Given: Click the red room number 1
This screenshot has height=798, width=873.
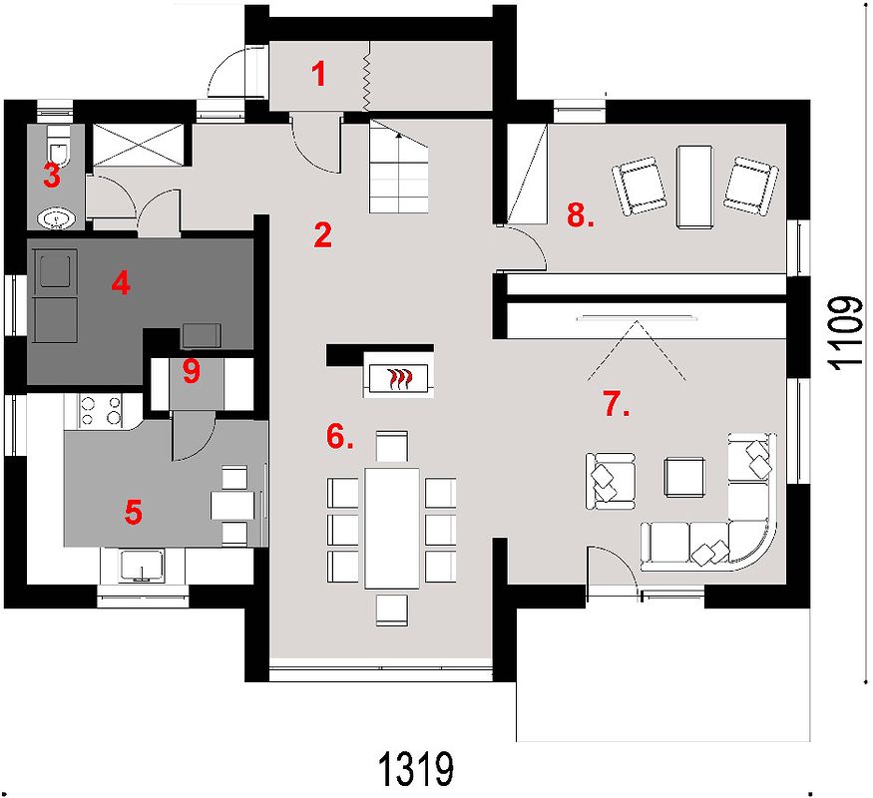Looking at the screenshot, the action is (318, 75).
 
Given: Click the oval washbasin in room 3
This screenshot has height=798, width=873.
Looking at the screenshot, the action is (56, 218).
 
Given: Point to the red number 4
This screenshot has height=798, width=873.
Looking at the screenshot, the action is (121, 284).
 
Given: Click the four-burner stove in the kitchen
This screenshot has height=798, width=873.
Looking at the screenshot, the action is (100, 410).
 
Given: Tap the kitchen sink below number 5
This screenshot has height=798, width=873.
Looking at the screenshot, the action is (142, 566).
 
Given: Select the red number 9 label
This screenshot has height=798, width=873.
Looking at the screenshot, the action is (191, 371).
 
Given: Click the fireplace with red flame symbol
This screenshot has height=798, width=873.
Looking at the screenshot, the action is (398, 379).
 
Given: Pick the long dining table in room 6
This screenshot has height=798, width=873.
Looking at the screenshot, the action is (392, 528).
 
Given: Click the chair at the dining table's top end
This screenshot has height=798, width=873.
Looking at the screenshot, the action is (392, 446).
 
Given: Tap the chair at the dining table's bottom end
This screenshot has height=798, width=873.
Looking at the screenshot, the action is (392, 609).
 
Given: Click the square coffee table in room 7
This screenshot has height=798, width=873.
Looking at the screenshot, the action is (684, 478).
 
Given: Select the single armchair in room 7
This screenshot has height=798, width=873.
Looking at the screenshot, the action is (611, 481).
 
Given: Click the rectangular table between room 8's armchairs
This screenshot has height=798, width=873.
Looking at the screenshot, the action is (694, 187).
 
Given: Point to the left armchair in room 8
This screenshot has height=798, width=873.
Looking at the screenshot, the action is (640, 186).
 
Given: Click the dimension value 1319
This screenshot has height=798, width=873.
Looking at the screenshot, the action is (416, 770).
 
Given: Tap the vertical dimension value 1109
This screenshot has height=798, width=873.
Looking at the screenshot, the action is (848, 332).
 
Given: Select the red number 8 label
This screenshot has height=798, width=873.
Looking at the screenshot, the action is (580, 214).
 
